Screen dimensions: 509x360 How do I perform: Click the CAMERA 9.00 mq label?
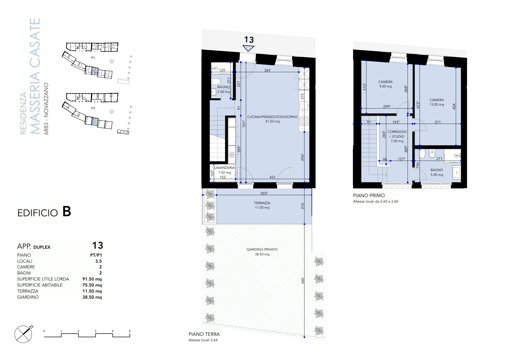tap(385, 84)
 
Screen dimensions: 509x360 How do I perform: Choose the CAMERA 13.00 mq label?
tap(437, 102)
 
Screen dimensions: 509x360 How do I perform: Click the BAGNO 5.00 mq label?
tap(437, 172)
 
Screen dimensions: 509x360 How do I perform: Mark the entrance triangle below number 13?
tap(248, 48)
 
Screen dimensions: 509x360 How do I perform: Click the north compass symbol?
tap(24, 334)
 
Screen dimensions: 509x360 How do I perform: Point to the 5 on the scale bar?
tap(130, 331)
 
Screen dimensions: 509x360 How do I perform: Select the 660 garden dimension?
tap(303, 280)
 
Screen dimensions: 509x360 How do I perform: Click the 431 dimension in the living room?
tap(272, 177)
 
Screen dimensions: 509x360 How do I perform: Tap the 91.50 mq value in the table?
tap(92, 279)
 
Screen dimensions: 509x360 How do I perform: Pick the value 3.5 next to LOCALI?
tap(98, 261)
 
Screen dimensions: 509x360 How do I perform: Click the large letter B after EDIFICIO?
tap(66, 211)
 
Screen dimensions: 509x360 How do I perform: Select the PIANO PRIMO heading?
tap(369, 196)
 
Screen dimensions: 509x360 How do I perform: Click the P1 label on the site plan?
tap(93, 58)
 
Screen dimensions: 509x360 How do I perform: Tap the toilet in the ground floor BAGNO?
tap(216, 81)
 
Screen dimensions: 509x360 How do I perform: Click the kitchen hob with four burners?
tap(304, 121)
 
